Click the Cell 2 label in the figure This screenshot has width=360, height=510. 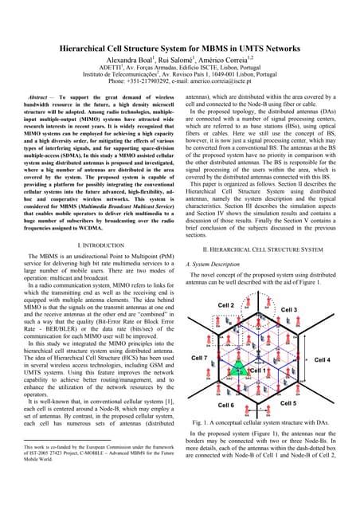pyautogui.click(x=226, y=306)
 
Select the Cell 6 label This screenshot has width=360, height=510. pyautogui.click(x=227, y=406)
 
